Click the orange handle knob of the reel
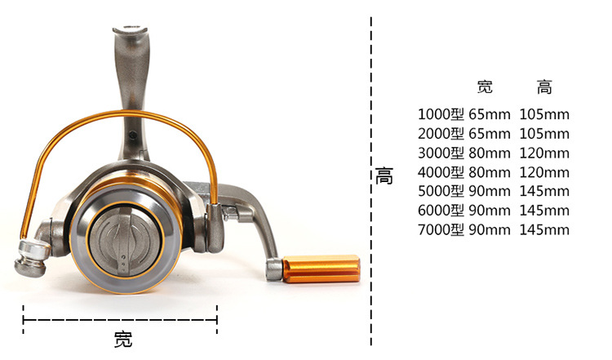pos(321,269)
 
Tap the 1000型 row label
pos(441,114)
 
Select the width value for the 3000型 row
pos(490,153)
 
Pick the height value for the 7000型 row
pos(544,229)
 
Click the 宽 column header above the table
pos(486,87)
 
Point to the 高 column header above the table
pos(544,87)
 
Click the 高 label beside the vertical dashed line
pos(384,176)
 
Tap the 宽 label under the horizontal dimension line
pos(123,340)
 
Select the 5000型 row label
pos(441,191)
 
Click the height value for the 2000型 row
pos(544,134)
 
